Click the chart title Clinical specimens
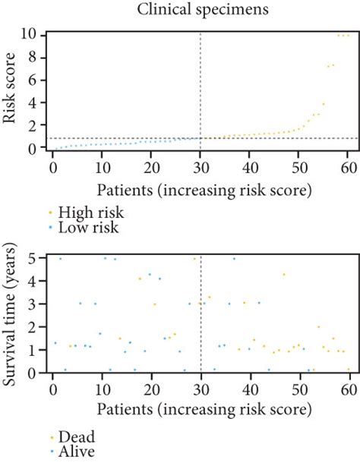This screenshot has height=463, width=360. point(200,10)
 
